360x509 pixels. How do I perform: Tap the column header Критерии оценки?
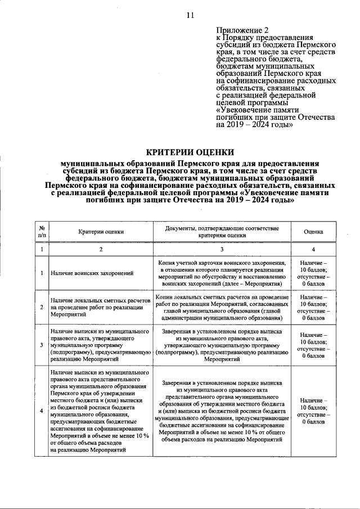tap(101, 231)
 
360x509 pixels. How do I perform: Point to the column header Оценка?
tap(313, 231)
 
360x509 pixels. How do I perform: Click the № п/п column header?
tap(42, 231)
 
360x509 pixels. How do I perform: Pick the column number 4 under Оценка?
tap(313, 249)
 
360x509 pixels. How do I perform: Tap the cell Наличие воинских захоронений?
tap(92, 273)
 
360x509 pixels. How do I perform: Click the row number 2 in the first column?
tap(42, 307)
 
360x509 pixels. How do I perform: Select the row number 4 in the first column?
tap(42, 410)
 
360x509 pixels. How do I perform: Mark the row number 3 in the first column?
tap(42, 345)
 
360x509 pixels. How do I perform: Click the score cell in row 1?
tap(313, 273)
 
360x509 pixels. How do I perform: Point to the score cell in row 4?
tap(313, 410)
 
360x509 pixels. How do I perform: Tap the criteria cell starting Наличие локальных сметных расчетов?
tap(101, 307)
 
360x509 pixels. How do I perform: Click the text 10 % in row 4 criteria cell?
tap(142, 435)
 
